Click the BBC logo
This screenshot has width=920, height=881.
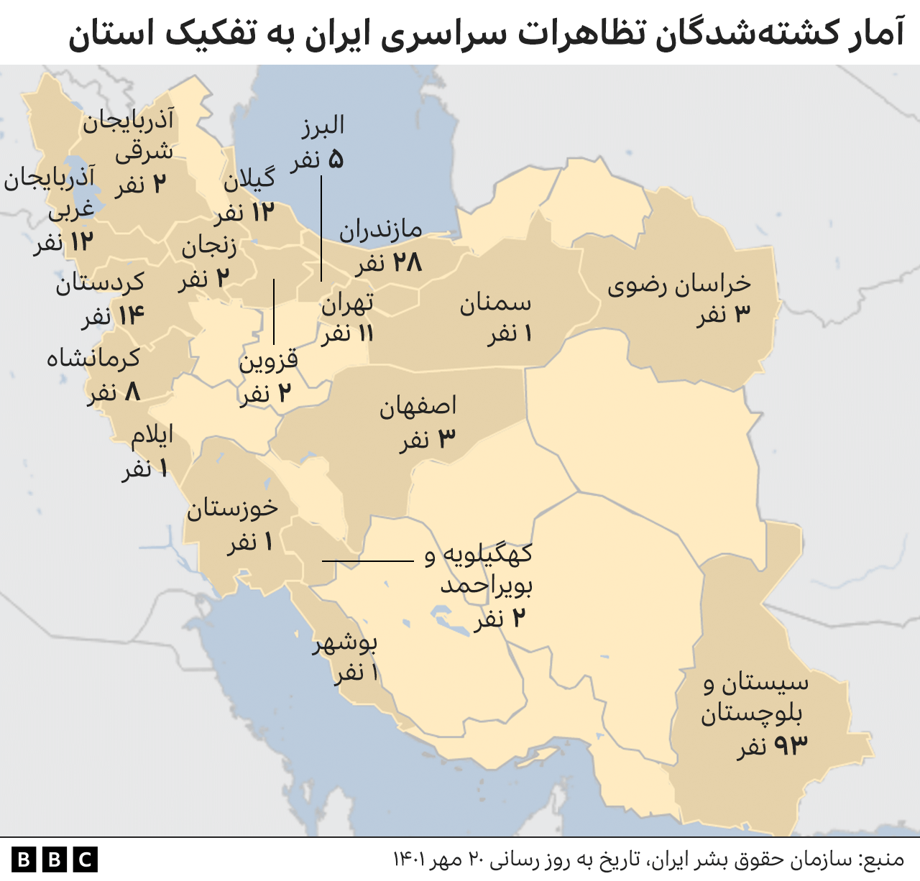pos(55,859)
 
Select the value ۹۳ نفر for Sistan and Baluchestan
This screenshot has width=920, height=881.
pos(772,747)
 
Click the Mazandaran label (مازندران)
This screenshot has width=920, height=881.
pos(380,230)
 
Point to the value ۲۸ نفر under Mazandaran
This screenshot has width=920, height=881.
pos(388,263)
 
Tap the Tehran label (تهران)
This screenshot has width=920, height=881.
pos(347,304)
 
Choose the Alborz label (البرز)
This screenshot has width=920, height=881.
pos(322,126)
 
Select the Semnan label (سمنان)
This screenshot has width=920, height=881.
pos(495,303)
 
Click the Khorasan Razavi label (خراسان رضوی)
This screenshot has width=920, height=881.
pos(679,285)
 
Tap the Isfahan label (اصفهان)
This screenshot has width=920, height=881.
pos(418,407)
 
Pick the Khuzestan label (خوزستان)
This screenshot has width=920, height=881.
pos(232,509)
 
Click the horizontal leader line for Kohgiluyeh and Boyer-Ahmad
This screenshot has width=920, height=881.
pos(367,561)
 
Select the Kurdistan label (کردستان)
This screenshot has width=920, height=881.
pos(100,283)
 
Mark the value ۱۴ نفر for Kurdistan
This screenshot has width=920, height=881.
pos(113,315)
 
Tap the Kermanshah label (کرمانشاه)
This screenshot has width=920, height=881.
pos(93,358)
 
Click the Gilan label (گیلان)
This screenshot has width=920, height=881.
pos(249,180)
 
